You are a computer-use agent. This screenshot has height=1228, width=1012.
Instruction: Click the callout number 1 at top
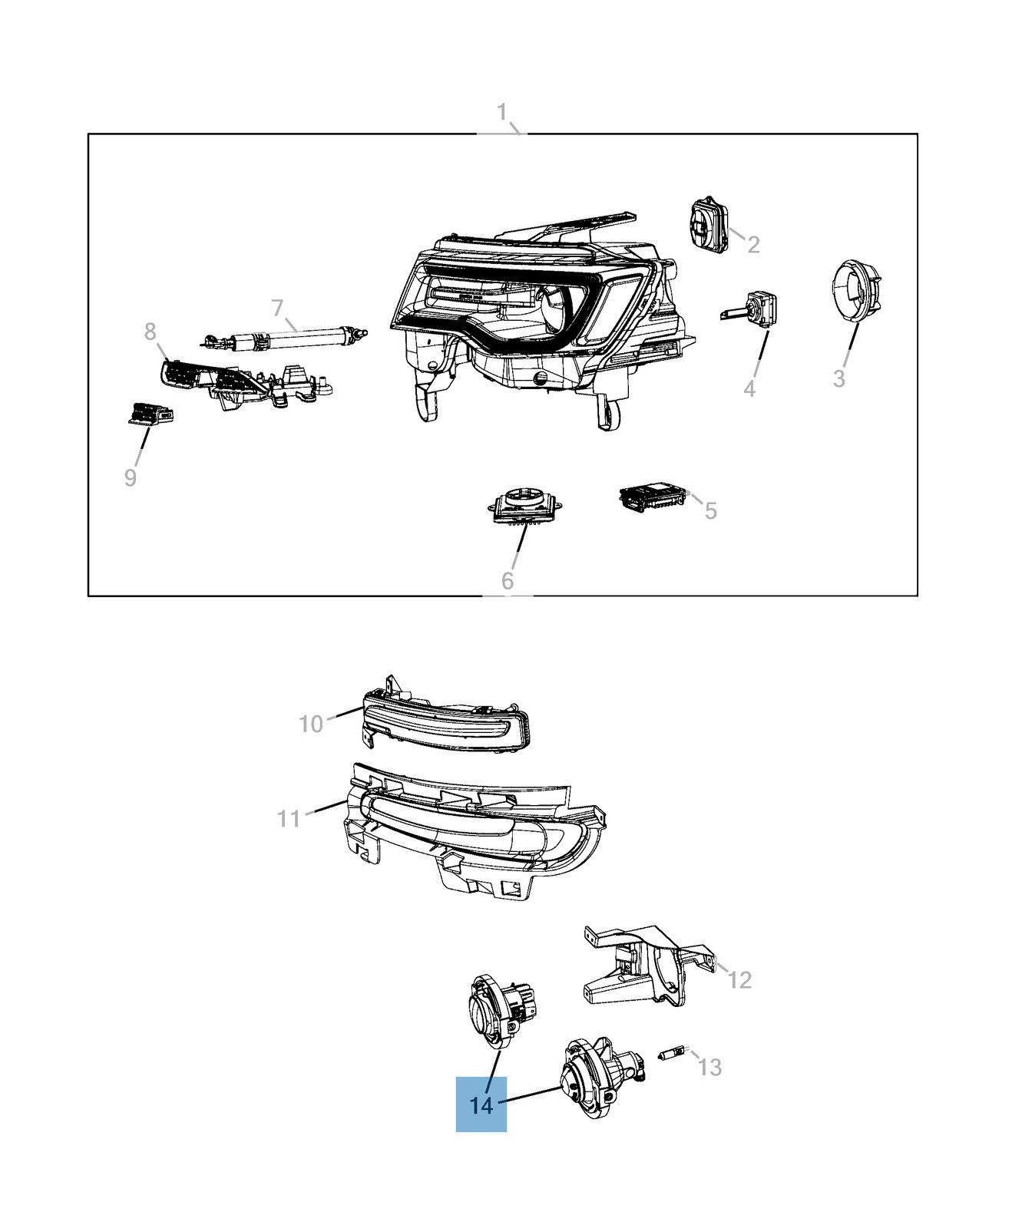point(502,113)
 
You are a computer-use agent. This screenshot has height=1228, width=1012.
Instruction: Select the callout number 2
point(753,245)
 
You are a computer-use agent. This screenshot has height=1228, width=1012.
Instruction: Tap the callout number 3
point(839,378)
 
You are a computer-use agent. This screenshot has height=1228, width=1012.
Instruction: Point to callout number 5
point(711,510)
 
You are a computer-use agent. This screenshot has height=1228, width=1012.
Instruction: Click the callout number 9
point(131,477)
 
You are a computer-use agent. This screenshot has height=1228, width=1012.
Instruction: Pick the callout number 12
point(739,980)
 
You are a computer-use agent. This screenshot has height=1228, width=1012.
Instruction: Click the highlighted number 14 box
point(481,1104)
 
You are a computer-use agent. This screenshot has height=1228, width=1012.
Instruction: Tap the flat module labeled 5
point(653,497)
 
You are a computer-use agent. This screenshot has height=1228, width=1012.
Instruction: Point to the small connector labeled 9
point(150,414)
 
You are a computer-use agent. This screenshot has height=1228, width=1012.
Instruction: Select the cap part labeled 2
point(710,224)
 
